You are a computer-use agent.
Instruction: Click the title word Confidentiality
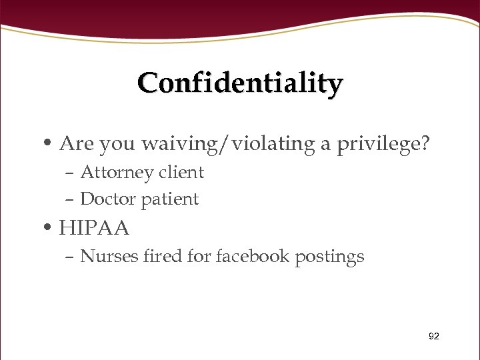click(240, 84)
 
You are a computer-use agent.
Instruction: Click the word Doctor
click(105, 199)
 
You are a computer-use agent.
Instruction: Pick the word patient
click(168, 199)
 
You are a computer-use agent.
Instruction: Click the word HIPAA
click(94, 229)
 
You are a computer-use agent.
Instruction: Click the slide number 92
click(433, 337)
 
